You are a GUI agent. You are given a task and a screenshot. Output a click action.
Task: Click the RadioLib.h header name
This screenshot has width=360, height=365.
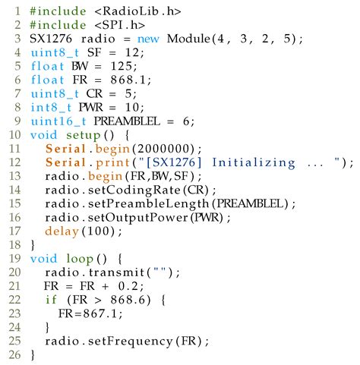(x=138, y=11)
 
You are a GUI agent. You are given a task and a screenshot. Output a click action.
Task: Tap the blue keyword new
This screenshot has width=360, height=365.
(x=148, y=39)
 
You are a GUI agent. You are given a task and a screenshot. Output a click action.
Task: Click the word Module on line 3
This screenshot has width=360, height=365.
(x=188, y=39)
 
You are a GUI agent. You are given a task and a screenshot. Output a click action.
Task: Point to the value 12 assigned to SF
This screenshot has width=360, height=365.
(x=132, y=52)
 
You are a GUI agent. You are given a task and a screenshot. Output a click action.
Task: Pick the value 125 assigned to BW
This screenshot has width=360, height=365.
(x=121, y=66)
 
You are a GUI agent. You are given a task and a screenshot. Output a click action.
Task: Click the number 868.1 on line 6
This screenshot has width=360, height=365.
(x=128, y=80)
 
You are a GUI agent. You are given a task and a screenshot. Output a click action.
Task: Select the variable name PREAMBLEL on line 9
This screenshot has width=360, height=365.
(x=127, y=121)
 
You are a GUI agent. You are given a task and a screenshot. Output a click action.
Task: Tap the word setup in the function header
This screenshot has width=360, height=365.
(x=84, y=136)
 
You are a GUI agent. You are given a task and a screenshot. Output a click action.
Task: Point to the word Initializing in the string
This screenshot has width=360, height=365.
(x=254, y=163)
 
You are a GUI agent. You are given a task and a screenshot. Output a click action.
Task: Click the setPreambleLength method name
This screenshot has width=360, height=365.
(x=149, y=204)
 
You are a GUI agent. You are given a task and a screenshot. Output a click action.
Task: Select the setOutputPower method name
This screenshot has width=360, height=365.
(x=138, y=218)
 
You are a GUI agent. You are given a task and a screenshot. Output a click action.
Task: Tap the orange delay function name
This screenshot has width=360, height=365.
(x=62, y=231)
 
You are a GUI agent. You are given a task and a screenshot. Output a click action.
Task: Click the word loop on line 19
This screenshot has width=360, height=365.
(x=80, y=259)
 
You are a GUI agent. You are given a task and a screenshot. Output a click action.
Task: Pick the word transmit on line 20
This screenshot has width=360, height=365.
(x=116, y=272)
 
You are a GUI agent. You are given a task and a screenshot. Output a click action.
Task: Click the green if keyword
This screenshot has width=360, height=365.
(x=51, y=300)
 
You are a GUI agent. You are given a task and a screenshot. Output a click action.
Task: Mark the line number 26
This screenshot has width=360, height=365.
(x=14, y=354)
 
